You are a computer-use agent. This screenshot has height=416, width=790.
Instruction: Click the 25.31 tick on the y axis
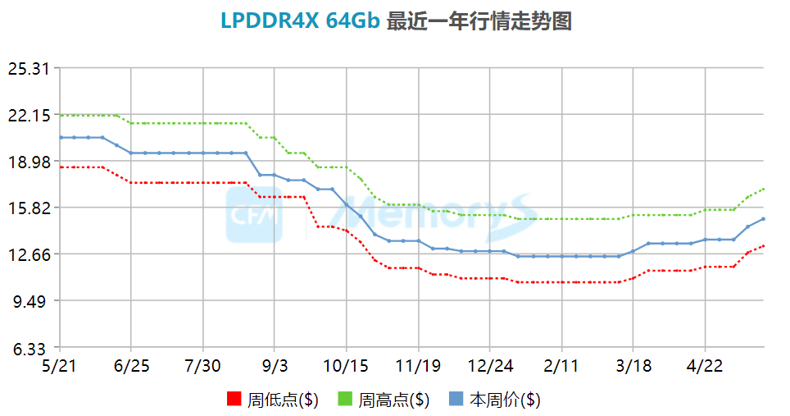click(x=30, y=68)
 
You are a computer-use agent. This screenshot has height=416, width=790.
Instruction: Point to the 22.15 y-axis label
click(x=30, y=115)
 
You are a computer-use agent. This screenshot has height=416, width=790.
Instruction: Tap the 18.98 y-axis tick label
click(x=30, y=162)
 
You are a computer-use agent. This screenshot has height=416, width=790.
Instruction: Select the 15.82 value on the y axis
click(x=30, y=208)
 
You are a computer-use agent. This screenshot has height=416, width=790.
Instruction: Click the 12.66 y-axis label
click(x=30, y=254)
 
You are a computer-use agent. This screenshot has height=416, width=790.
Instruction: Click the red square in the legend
click(x=234, y=400)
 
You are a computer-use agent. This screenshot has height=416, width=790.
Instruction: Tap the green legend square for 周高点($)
click(x=346, y=400)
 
